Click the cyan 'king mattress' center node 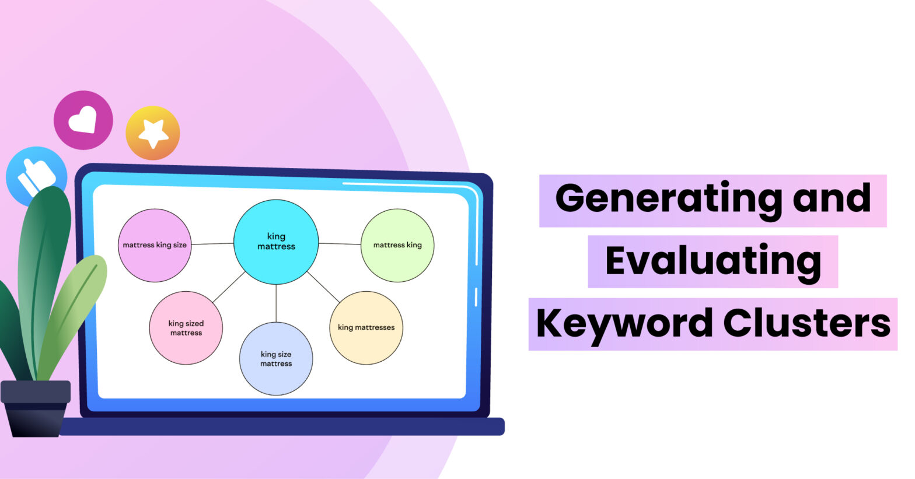276,242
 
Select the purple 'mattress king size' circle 155,245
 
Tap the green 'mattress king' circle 397,245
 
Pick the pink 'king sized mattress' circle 186,327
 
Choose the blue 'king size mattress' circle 276,359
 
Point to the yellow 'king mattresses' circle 366,327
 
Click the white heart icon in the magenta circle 83,119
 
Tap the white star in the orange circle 153,132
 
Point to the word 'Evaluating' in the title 713,261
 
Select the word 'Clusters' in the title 806,323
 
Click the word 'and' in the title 832,198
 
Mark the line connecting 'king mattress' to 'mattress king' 340,244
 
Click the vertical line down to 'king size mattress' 276,303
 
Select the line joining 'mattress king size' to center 212,244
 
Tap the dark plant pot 36,408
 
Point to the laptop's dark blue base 282,426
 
